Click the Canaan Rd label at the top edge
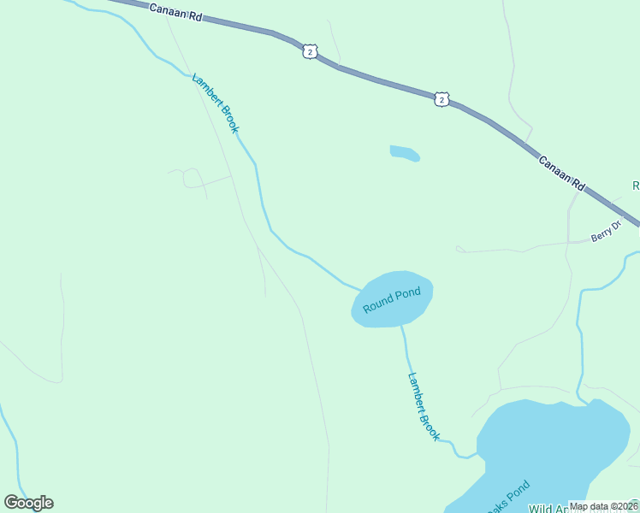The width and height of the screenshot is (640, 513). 175,11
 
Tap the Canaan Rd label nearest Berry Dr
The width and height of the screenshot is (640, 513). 561,172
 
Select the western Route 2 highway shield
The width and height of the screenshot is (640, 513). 310,52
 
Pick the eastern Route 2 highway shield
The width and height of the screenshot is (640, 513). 441,100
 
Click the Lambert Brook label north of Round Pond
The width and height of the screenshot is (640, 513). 215,103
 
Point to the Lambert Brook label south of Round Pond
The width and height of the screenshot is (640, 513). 424,406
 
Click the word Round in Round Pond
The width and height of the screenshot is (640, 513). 377,304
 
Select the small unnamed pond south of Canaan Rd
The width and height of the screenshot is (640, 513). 404,153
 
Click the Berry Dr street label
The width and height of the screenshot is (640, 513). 605,233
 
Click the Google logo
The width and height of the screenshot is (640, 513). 28,503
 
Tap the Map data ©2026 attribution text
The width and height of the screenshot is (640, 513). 602,506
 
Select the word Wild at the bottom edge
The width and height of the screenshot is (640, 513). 543,509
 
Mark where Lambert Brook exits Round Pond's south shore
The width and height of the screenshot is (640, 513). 401,326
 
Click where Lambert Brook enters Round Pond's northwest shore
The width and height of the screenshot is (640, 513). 360,288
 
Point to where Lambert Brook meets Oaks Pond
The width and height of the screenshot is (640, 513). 477,456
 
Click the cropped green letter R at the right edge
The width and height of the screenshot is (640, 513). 636,186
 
